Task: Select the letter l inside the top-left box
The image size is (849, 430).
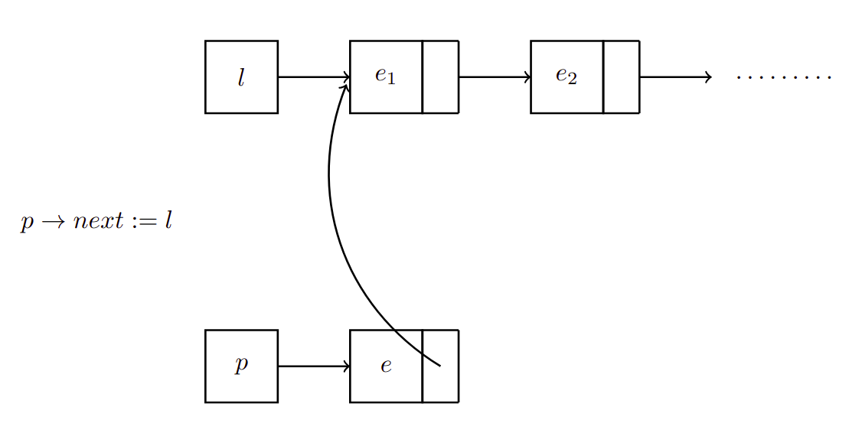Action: click(x=241, y=77)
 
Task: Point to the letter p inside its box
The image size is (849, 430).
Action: click(x=241, y=365)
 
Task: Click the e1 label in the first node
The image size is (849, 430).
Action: click(x=385, y=77)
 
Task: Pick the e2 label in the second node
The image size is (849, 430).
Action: click(x=566, y=77)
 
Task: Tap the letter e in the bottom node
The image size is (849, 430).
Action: click(x=386, y=366)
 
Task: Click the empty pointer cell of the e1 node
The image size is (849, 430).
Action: click(x=440, y=77)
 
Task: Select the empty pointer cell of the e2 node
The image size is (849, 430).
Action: click(x=621, y=77)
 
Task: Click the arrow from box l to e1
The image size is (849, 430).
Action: click(x=313, y=77)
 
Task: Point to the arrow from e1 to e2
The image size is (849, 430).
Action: click(x=494, y=77)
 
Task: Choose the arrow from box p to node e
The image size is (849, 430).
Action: click(x=313, y=366)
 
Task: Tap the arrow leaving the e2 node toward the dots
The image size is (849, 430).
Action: click(x=674, y=77)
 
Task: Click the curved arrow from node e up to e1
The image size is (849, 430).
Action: click(x=330, y=191)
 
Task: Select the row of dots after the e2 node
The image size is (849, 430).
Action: click(x=783, y=77)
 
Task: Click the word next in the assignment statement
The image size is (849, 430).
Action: click(x=97, y=223)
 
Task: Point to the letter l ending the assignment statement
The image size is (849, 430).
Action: click(x=168, y=222)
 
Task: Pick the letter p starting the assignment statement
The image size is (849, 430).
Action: click(x=27, y=223)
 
